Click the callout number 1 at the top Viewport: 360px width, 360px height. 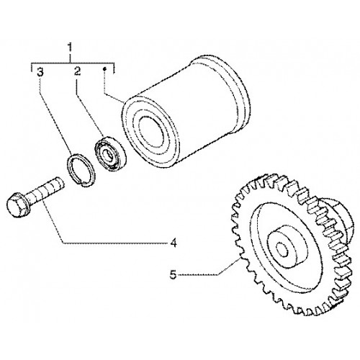70,48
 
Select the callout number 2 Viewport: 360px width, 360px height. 77,71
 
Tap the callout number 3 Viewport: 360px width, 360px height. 40,72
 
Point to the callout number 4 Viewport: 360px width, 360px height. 174,243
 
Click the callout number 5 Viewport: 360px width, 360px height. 173,274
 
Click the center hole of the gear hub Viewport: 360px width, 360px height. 282,249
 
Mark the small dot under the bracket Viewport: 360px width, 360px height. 104,69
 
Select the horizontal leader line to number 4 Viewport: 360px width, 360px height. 115,243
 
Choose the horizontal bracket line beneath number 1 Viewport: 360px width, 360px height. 73,63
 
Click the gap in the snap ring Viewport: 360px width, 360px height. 81,184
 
